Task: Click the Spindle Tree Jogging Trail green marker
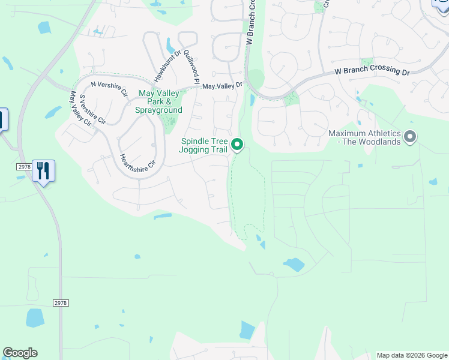click(x=237, y=145)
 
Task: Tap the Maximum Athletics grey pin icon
click(x=411, y=137)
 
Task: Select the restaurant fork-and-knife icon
click(x=43, y=171)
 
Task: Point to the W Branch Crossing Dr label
click(x=372, y=71)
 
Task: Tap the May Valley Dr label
click(x=222, y=86)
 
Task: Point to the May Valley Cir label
click(x=80, y=109)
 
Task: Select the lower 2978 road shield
click(x=60, y=304)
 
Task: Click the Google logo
click(x=20, y=353)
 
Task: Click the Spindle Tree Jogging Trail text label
click(x=204, y=145)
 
